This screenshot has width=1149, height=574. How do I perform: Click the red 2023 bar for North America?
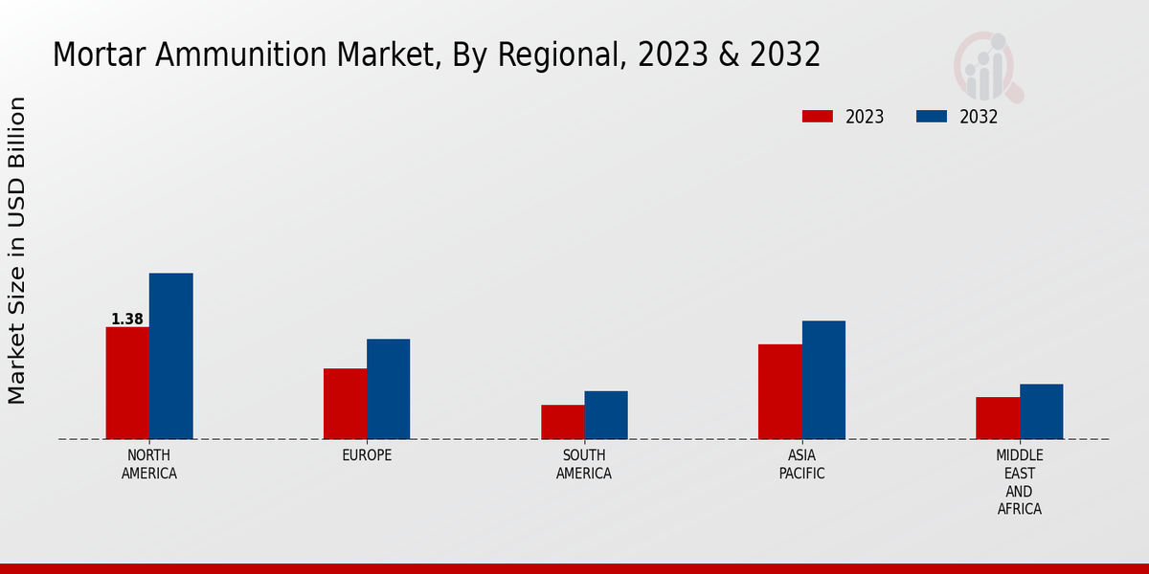coord(127,383)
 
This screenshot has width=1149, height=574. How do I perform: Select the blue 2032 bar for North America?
coord(170,356)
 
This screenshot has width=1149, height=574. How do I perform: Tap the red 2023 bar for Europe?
coord(345,404)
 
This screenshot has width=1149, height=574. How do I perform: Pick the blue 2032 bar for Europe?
coord(388,388)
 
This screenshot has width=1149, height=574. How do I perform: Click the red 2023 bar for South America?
coord(562,422)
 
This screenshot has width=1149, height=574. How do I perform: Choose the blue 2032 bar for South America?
coord(606,414)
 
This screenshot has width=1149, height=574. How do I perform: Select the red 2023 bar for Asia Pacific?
coord(779,391)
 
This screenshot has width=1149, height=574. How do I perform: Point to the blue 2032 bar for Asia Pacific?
coord(823,380)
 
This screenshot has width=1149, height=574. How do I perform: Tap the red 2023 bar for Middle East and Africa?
coord(998,418)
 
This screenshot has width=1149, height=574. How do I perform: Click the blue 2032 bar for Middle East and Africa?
coord(1041,411)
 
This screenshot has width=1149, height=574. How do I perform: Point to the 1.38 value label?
coord(127,320)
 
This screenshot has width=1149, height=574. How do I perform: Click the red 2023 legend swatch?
coord(817,117)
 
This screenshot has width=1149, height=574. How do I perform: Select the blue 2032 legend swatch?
coord(931,117)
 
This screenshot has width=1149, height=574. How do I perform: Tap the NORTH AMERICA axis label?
coord(149,464)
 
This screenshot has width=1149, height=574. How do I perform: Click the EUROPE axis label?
coord(367,455)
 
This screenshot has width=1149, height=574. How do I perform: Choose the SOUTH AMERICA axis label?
coord(584,464)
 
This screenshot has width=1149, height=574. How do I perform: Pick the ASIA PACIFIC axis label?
coord(801,464)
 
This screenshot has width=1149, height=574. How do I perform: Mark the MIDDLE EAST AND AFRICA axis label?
coord(1020,482)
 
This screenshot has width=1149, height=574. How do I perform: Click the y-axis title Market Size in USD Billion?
coord(17,250)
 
